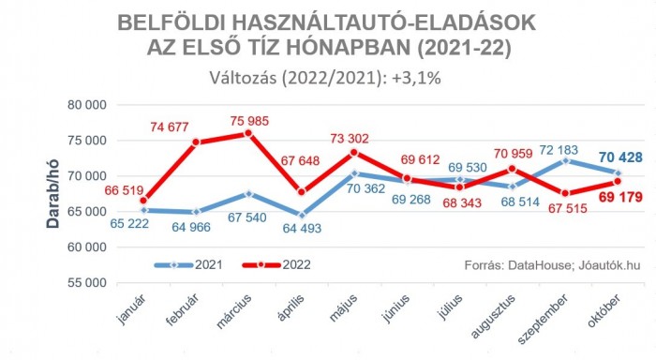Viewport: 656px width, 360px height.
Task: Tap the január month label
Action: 128,311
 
